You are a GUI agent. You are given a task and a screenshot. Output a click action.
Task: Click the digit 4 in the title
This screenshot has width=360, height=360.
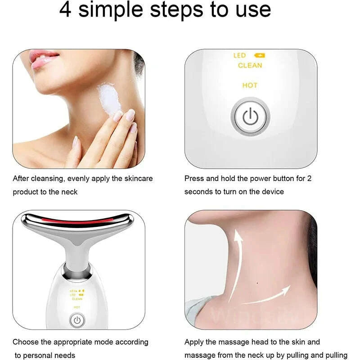click(66, 10)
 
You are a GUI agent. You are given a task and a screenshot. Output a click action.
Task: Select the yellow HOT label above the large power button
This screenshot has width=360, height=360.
click(250, 85)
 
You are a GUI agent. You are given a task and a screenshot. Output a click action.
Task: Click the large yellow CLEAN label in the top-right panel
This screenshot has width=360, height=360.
click(250, 66)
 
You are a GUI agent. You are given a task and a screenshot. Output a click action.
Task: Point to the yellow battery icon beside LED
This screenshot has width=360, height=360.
click(260, 55)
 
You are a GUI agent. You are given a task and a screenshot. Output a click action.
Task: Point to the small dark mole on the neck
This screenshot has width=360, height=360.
click(257, 283)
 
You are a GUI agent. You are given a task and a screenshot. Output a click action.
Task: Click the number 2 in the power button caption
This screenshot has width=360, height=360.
click(309, 179)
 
